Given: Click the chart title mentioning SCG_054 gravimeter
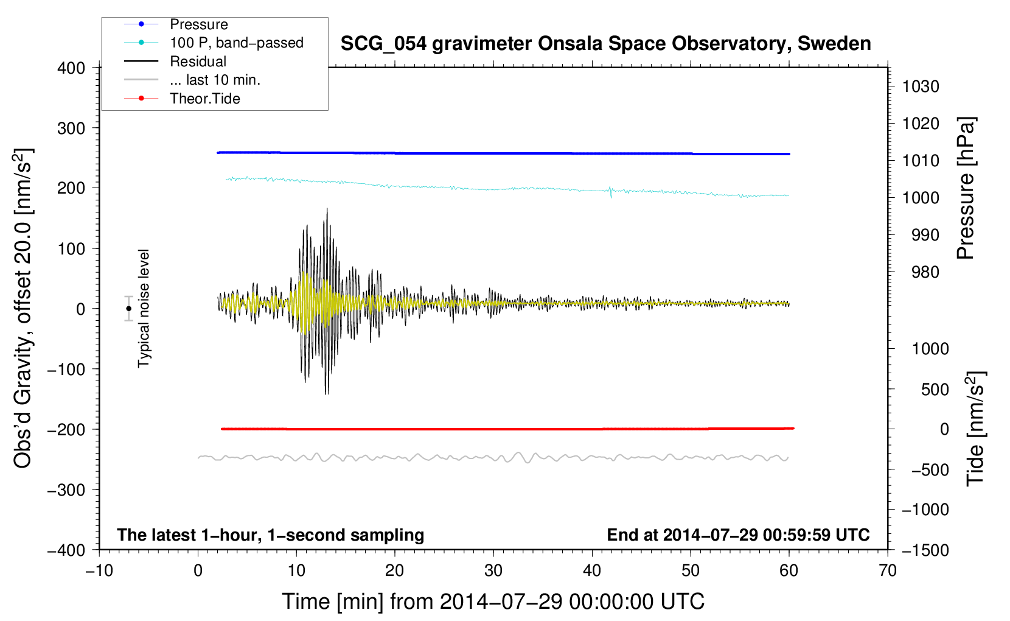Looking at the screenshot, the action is point(605,44).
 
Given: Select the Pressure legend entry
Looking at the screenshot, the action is point(176,24).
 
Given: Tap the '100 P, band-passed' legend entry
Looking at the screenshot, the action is point(214,43).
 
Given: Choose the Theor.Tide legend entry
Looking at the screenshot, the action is point(182,99).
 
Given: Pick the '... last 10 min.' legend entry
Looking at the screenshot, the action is point(192,80).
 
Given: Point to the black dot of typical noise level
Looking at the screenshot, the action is point(128,309).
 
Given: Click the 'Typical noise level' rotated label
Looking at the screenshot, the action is point(144,309).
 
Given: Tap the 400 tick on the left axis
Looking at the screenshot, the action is point(71,68).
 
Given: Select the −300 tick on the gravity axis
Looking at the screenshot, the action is point(66,490).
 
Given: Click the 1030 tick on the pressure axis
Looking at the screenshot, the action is point(921,86).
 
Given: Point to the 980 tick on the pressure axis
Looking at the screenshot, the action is point(925,272).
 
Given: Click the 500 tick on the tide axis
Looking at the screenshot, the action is point(935,389).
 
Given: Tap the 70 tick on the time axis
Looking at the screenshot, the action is point(888,571).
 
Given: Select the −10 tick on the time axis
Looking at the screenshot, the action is point(99,571).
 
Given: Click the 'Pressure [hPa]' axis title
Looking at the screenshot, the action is point(966,188).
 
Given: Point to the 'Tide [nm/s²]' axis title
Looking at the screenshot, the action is point(976,429).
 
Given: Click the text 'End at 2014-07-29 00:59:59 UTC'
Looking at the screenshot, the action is point(738,535).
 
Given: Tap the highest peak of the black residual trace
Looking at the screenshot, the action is point(327,209).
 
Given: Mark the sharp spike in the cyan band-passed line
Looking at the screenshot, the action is point(610,192).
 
